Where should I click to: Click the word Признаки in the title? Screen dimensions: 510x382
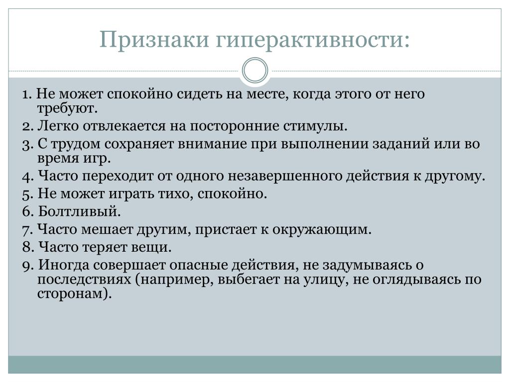click(x=154, y=40)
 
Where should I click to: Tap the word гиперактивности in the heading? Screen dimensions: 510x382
click(x=313, y=40)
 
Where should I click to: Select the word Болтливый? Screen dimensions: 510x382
click(x=79, y=211)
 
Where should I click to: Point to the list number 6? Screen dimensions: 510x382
click(x=28, y=211)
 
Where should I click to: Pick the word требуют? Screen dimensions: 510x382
click(x=67, y=108)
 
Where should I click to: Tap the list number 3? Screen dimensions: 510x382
click(x=28, y=144)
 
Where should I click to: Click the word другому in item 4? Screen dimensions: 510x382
click(x=455, y=177)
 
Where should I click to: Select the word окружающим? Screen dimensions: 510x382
click(x=322, y=230)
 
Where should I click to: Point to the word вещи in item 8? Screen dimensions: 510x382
click(x=151, y=248)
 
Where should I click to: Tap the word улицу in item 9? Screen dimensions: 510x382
click(x=326, y=280)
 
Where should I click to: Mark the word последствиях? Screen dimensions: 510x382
click(x=84, y=280)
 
